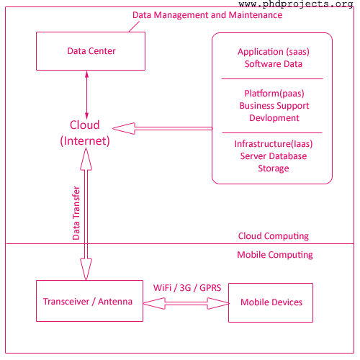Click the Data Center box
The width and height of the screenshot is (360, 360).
91,51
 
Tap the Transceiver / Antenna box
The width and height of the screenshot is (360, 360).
89,301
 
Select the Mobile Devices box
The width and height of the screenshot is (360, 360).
271,302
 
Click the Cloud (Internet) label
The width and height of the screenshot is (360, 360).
85,132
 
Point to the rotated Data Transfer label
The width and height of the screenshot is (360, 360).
76,213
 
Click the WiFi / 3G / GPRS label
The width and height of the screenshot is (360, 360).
187,287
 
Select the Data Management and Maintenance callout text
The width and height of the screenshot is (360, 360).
207,15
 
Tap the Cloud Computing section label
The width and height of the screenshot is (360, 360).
274,236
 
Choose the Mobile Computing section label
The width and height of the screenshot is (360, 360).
275,255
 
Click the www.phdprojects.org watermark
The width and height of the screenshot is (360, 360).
296,4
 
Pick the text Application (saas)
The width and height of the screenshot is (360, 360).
274,52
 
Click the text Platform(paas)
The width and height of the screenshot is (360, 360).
274,94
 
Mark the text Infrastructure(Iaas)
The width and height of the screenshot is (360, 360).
274,144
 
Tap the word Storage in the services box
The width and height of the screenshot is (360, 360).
274,168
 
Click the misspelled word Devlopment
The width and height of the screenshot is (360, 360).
274,118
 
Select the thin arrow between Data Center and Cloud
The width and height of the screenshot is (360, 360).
87,95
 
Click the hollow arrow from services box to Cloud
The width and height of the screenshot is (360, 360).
162,128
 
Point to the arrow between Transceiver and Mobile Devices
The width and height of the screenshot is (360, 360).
186,303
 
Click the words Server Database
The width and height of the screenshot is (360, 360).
274,156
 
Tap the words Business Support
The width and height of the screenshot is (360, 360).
274,106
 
